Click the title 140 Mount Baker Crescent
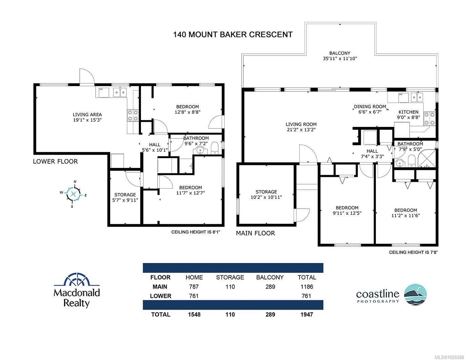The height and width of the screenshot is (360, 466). [232, 35]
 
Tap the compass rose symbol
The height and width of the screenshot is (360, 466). [74, 194]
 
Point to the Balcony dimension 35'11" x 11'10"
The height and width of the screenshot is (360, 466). [340, 59]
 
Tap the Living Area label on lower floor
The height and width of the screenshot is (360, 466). [87, 117]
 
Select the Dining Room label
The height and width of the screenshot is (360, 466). [370, 109]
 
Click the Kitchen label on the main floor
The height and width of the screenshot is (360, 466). [408, 114]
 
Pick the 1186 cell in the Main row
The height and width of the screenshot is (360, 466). [306, 287]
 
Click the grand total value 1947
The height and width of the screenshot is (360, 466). [306, 314]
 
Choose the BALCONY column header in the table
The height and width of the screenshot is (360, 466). [270, 277]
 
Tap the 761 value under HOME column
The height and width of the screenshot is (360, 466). [194, 296]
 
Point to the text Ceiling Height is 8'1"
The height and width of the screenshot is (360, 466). [198, 232]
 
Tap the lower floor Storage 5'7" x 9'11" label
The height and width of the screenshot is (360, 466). [125, 197]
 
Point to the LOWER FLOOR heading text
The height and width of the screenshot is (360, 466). [55, 162]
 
